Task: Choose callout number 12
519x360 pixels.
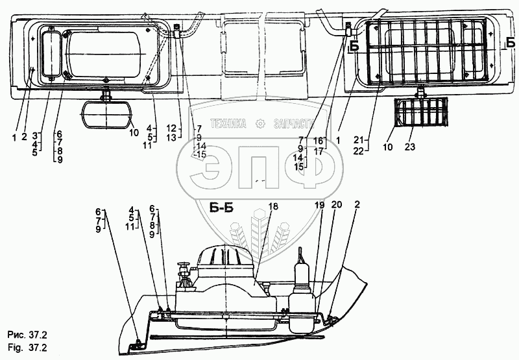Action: pos(171,128)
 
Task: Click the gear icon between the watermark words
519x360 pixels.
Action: pos(260,123)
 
